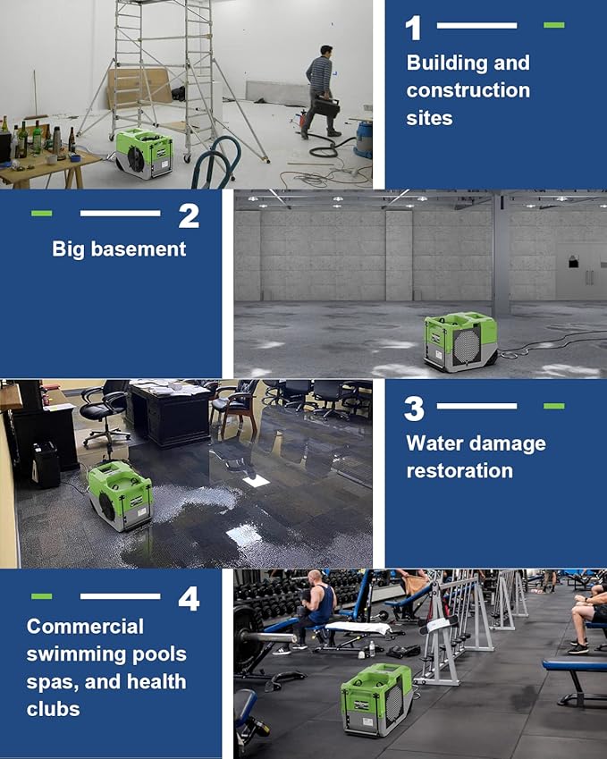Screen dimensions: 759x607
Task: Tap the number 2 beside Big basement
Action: coord(188,215)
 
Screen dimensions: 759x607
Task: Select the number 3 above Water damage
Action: coord(413,409)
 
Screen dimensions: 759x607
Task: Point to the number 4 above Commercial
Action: coord(188,598)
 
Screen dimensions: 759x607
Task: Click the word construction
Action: coord(468,90)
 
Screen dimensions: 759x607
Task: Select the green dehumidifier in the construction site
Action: coord(143,151)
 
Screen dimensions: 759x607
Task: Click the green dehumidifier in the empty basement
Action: coord(459,341)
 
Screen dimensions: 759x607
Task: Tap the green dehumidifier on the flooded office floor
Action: coord(120,495)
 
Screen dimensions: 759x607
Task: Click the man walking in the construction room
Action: coord(319,91)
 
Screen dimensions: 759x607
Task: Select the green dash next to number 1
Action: coord(553,25)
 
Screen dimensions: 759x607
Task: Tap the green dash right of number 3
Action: coord(553,406)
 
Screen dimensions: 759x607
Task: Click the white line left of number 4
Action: coord(120,595)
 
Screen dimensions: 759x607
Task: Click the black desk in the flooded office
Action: coord(169,412)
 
